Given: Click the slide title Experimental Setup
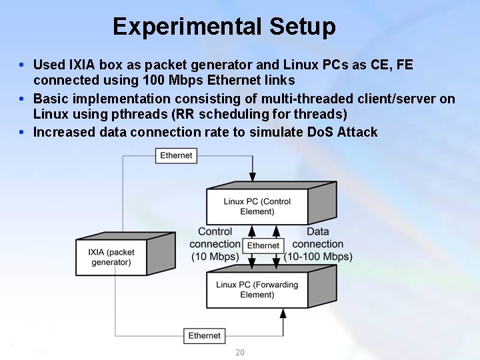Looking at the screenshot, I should coord(224,27).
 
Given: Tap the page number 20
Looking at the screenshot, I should coord(240,352).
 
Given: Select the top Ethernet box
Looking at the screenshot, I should coord(176,155).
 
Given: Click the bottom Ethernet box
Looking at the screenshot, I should coord(204,336).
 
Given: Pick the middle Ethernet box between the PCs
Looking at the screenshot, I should coord(263,245).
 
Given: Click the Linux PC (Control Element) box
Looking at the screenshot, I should coord(257,207).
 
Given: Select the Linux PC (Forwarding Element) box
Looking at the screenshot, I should coord(257,290).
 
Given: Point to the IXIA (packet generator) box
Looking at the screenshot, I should coord(111,257).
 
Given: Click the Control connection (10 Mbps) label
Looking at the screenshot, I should coord(215,244).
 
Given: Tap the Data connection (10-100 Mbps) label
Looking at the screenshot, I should coord(318,244).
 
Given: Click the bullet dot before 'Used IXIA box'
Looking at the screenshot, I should coord(22,65).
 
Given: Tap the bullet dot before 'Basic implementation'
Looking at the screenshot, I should coord(22,99).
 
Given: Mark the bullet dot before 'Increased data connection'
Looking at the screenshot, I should coord(22,133).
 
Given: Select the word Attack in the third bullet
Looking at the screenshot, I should coord(357,132).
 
